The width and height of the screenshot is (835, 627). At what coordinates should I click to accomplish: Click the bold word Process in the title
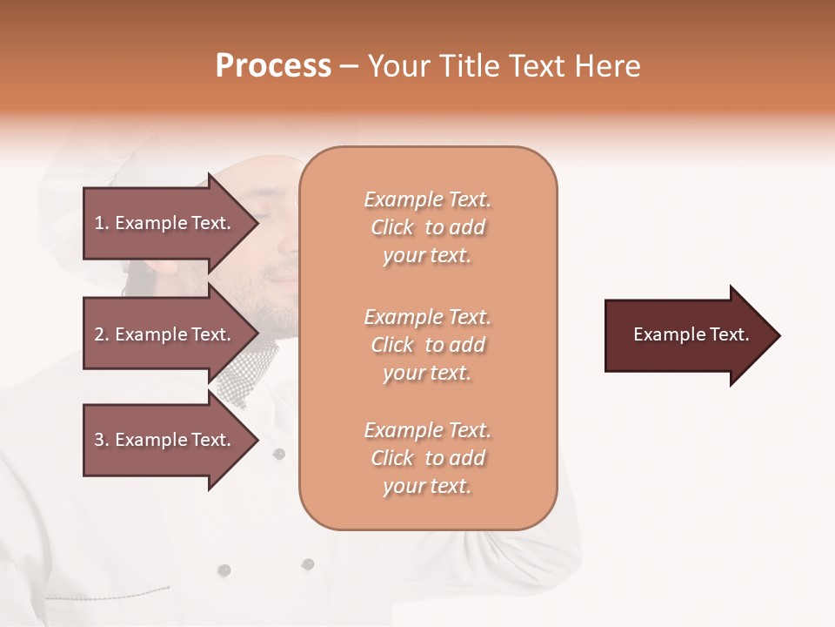pos(273,66)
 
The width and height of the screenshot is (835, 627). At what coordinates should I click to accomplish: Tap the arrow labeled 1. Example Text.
pos(165,223)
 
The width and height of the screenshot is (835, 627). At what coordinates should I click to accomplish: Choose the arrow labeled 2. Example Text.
pos(165,334)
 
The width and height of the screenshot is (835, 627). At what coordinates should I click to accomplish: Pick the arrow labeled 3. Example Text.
pos(165,440)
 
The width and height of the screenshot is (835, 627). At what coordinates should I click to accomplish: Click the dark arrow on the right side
pos(687,335)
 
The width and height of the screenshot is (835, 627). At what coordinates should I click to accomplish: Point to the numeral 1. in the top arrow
pos(102,223)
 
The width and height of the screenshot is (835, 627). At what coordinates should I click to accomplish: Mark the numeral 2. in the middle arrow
pos(102,334)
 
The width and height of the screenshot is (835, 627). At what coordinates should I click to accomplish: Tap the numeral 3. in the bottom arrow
pos(102,440)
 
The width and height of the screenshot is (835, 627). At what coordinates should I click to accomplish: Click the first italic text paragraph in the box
pos(427,227)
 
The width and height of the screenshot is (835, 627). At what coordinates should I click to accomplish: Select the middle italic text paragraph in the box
pos(427,345)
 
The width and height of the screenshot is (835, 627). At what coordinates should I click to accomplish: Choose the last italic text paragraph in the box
pos(427,458)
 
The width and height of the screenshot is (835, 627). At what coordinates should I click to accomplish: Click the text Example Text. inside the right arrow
pos(691,334)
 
